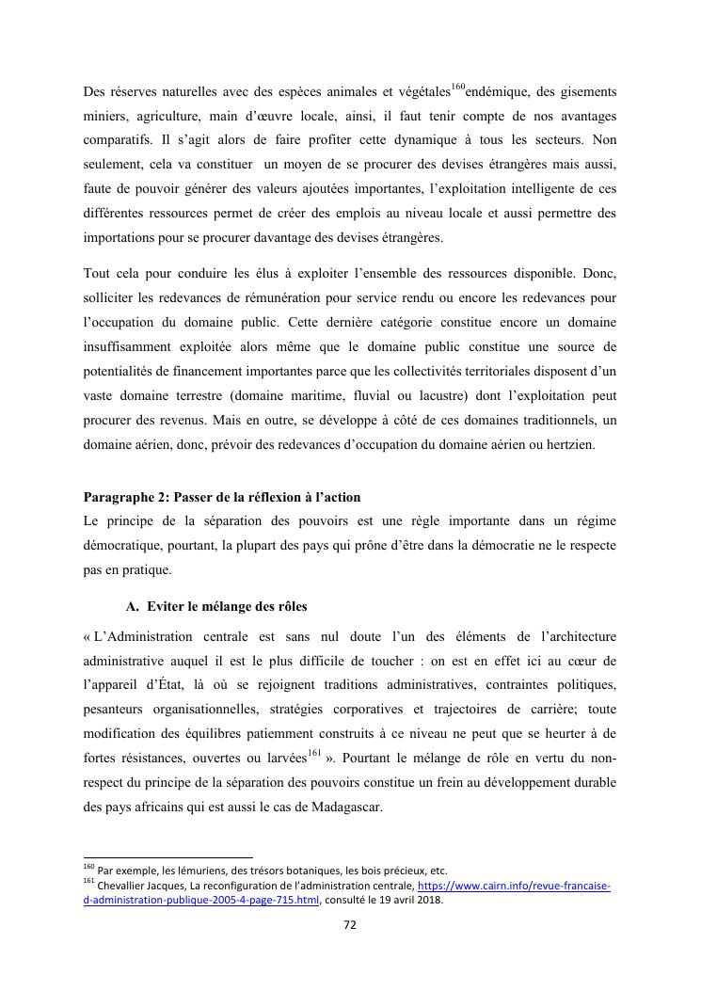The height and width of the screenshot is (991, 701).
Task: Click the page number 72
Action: coord(349,925)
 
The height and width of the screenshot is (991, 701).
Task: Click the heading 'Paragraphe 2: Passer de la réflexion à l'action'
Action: coord(221,497)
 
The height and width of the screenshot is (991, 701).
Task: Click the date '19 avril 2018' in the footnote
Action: coord(412,900)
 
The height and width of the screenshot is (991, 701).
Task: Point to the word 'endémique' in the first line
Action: coord(497,92)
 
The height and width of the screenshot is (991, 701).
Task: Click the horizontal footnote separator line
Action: coord(168,857)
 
